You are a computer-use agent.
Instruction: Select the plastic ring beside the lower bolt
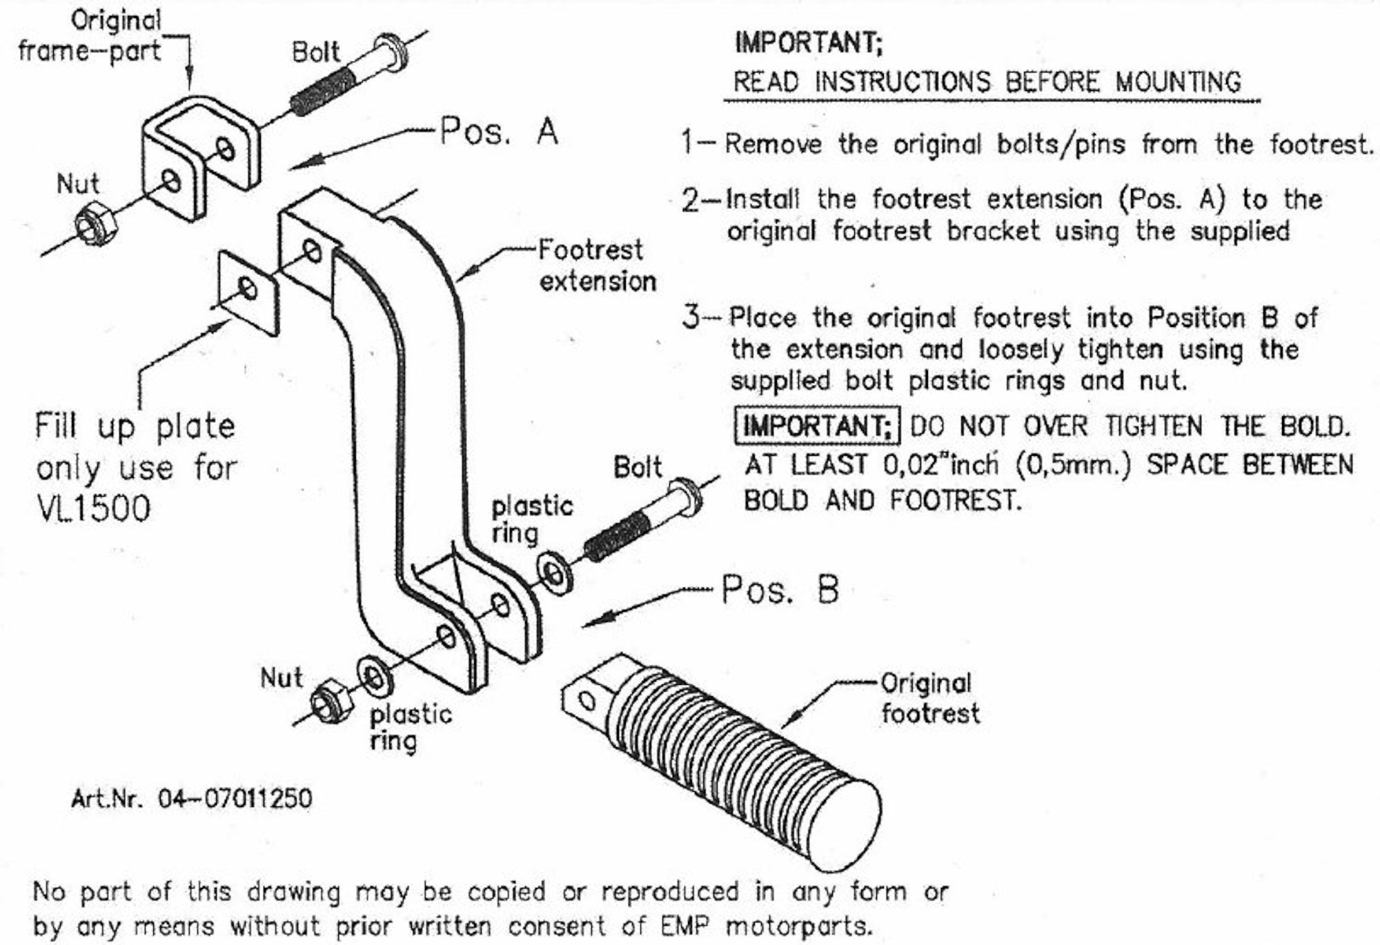[554, 573]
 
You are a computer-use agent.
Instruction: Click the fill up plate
[248, 292]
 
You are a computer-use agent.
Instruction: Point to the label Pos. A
[498, 131]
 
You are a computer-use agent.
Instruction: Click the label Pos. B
[780, 590]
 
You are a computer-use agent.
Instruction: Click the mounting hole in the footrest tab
[586, 702]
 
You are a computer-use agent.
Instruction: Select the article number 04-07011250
[235, 799]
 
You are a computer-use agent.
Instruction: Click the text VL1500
[93, 510]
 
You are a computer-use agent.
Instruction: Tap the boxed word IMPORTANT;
[818, 426]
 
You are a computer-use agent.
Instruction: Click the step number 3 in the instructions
[691, 317]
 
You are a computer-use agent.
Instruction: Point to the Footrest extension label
[596, 266]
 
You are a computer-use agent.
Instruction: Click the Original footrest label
[929, 698]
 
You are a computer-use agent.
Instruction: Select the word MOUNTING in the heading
[1178, 82]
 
